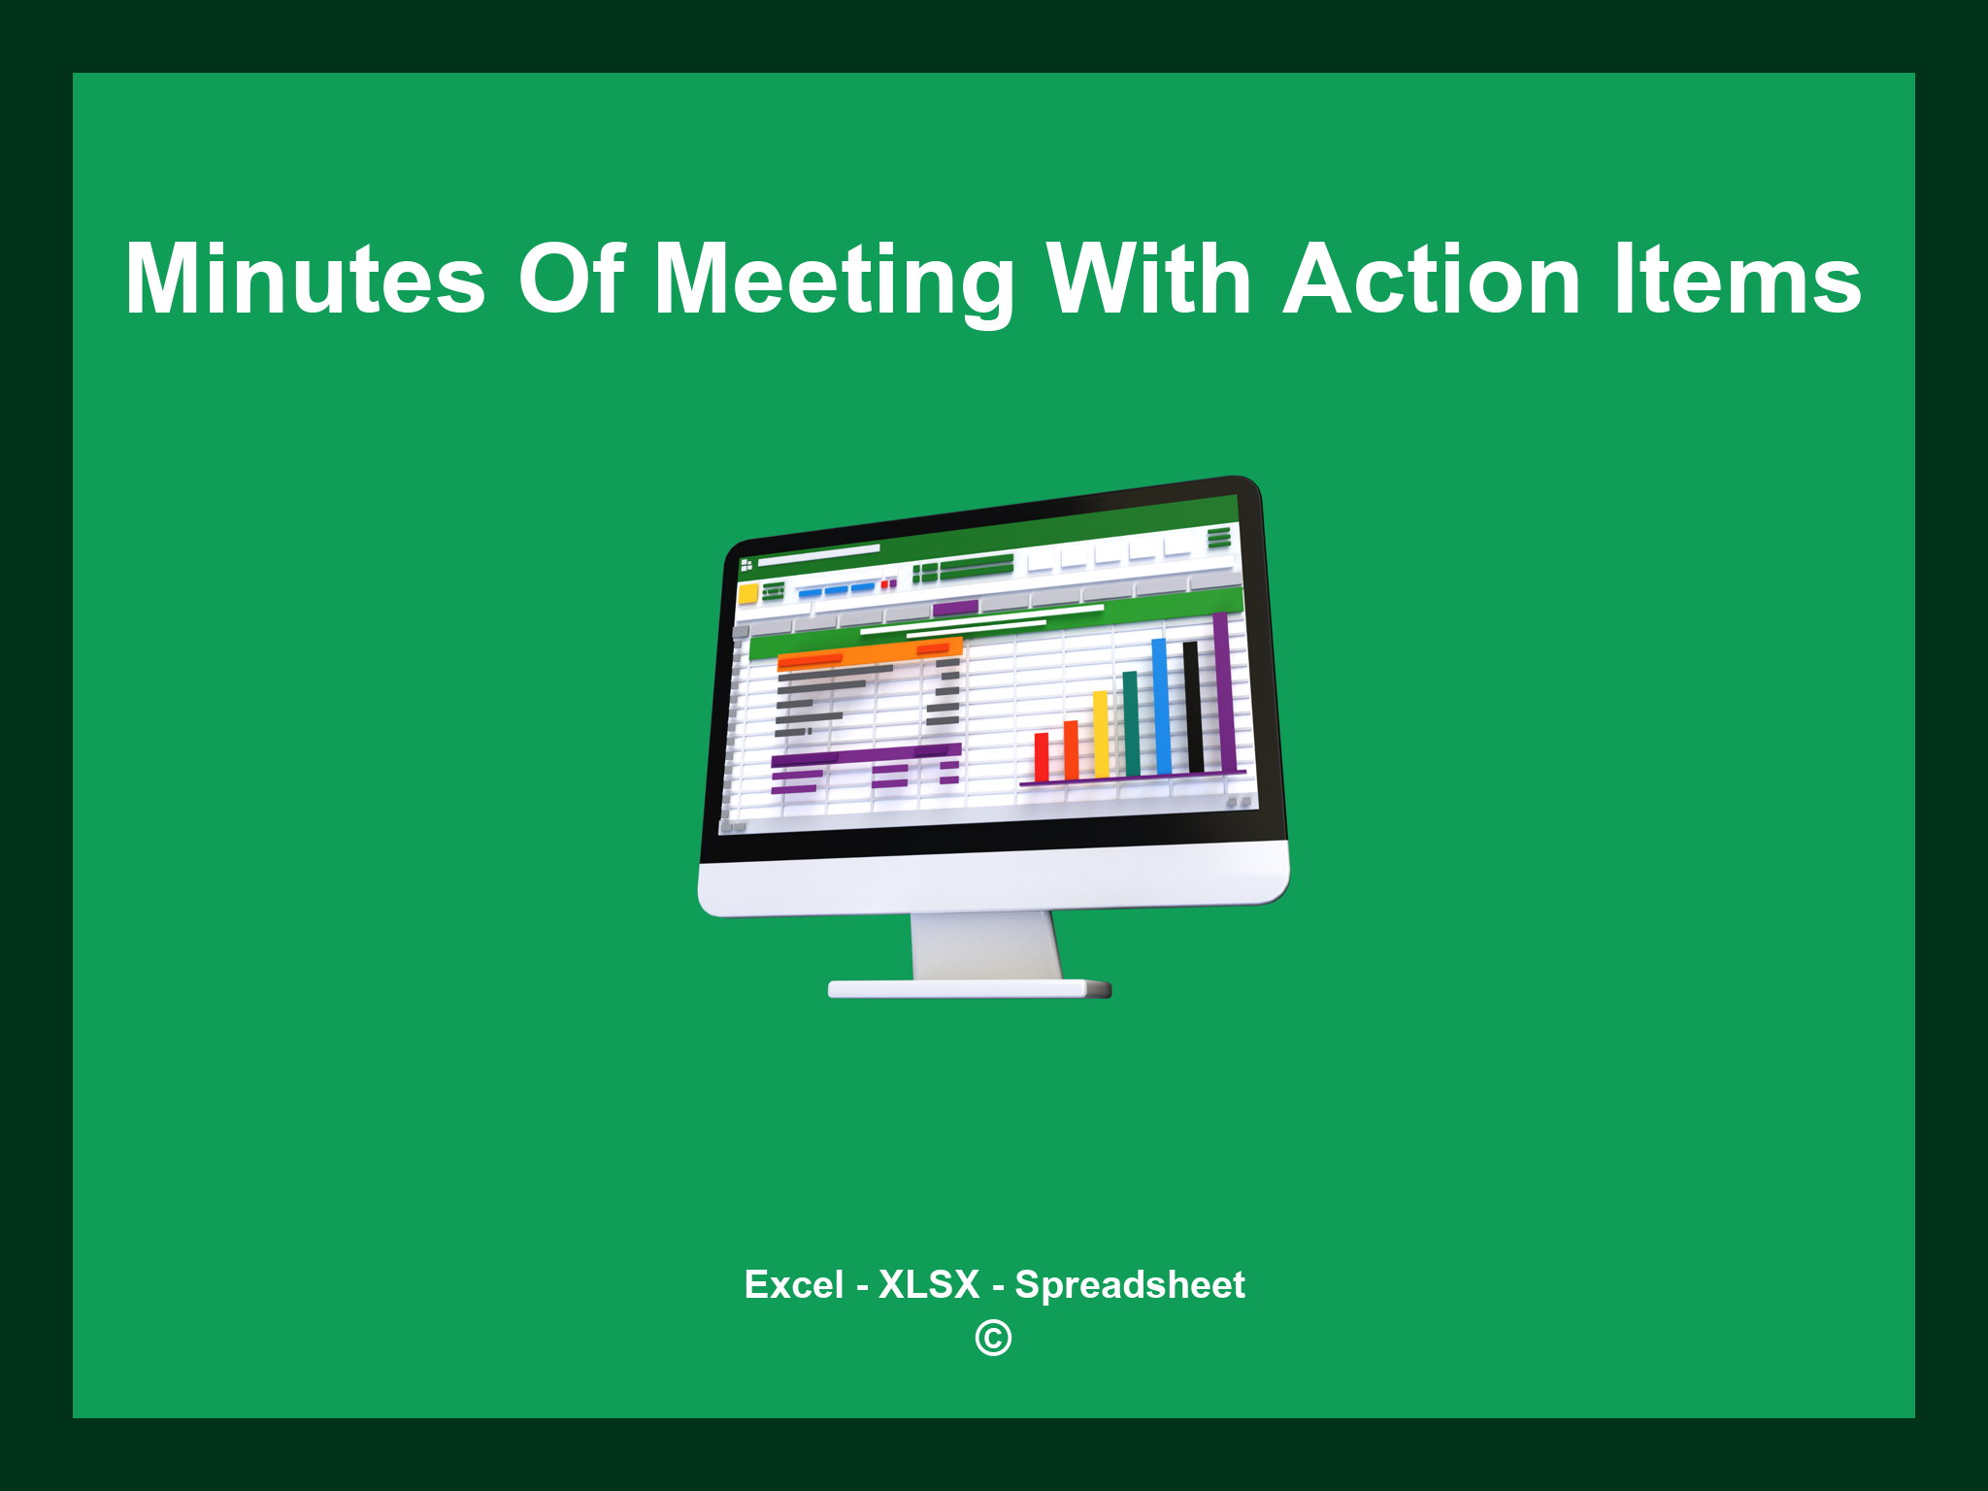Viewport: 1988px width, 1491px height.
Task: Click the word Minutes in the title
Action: tap(305, 280)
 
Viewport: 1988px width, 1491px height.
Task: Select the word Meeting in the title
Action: tap(834, 282)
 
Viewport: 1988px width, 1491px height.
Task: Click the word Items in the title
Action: tap(1738, 280)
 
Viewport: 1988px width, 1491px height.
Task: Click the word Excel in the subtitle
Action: tap(793, 1284)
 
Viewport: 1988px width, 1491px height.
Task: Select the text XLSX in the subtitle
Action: tap(928, 1284)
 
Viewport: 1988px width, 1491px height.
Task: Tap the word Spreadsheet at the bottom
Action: tap(1129, 1285)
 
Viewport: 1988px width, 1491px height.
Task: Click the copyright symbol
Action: tap(993, 1339)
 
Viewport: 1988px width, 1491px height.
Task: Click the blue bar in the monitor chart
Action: tap(1160, 706)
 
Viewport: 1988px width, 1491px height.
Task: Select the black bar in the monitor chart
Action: tap(1193, 707)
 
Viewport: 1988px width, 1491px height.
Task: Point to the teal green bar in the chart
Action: tap(1131, 723)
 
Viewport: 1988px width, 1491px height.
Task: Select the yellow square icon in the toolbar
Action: tap(747, 594)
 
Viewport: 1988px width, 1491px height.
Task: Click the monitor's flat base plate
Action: tap(968, 989)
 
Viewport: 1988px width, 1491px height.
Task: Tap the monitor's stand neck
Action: tap(985, 944)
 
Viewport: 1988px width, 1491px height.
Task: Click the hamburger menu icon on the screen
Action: tap(1219, 537)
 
